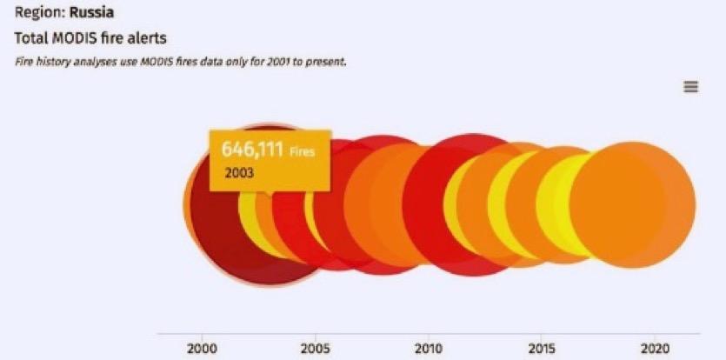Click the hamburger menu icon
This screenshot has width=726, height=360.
[x=691, y=87]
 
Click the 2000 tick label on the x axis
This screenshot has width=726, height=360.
[x=202, y=348]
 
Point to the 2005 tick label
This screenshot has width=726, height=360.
[x=315, y=348]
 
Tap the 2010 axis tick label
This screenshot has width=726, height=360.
[x=428, y=348]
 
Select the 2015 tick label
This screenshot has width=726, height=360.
[x=541, y=348]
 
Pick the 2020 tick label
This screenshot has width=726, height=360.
[x=654, y=348]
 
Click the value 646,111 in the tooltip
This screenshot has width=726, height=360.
[x=252, y=150]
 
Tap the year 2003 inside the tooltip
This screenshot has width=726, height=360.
[x=239, y=172]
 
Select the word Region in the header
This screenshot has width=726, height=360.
[x=36, y=13]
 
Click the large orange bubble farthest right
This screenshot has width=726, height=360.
[x=633, y=206]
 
